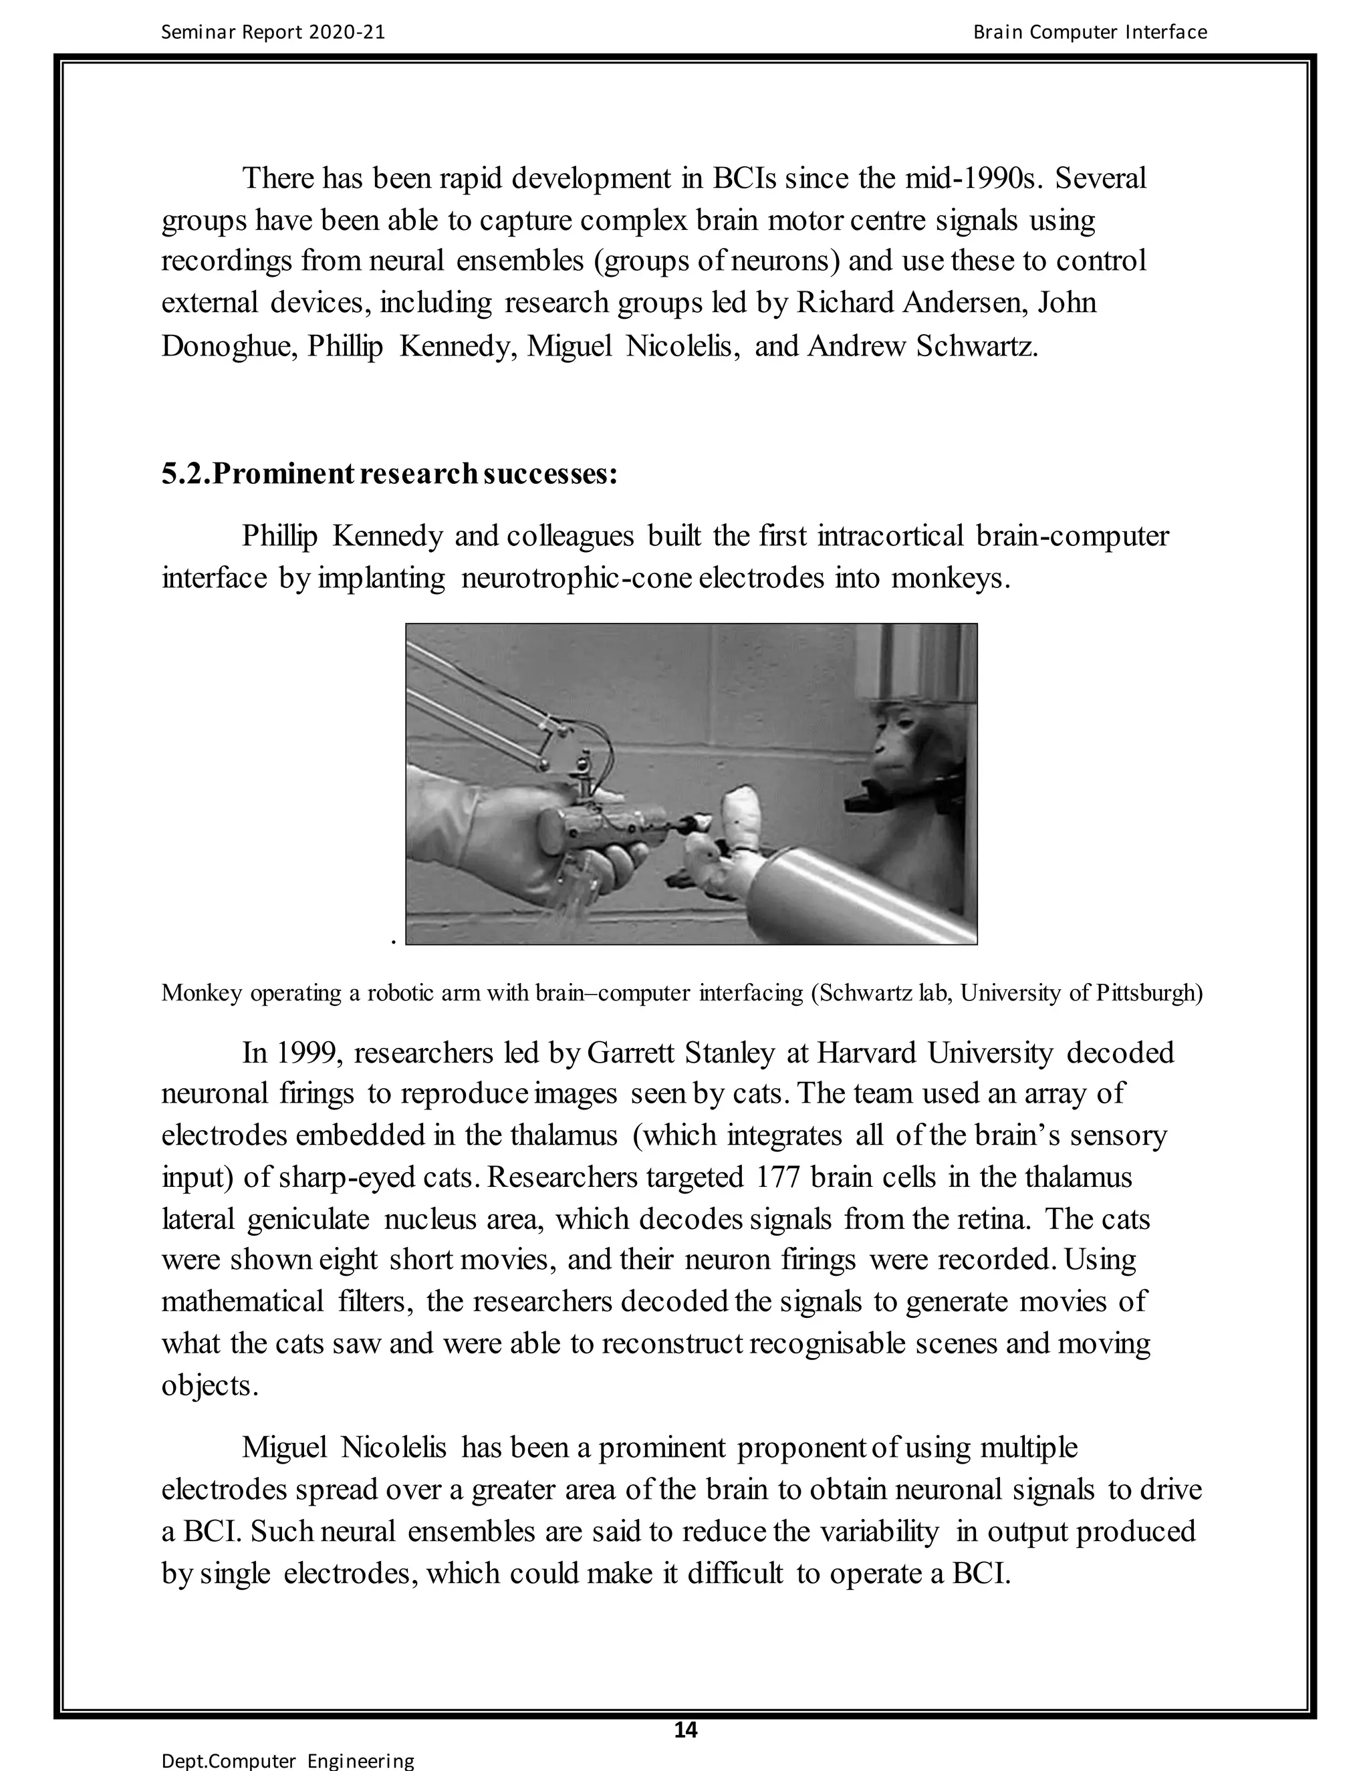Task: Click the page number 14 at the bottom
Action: coord(685,1730)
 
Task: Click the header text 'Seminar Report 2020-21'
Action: coord(273,33)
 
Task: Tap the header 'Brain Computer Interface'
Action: coord(1089,33)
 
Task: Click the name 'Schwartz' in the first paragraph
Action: coord(977,346)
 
